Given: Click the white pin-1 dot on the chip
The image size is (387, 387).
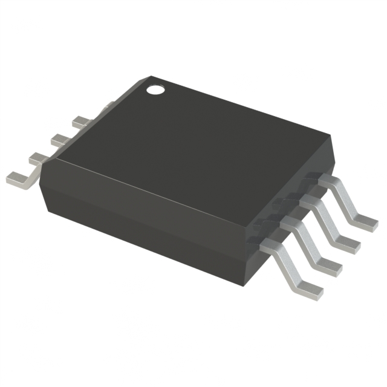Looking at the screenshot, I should click(x=157, y=91).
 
